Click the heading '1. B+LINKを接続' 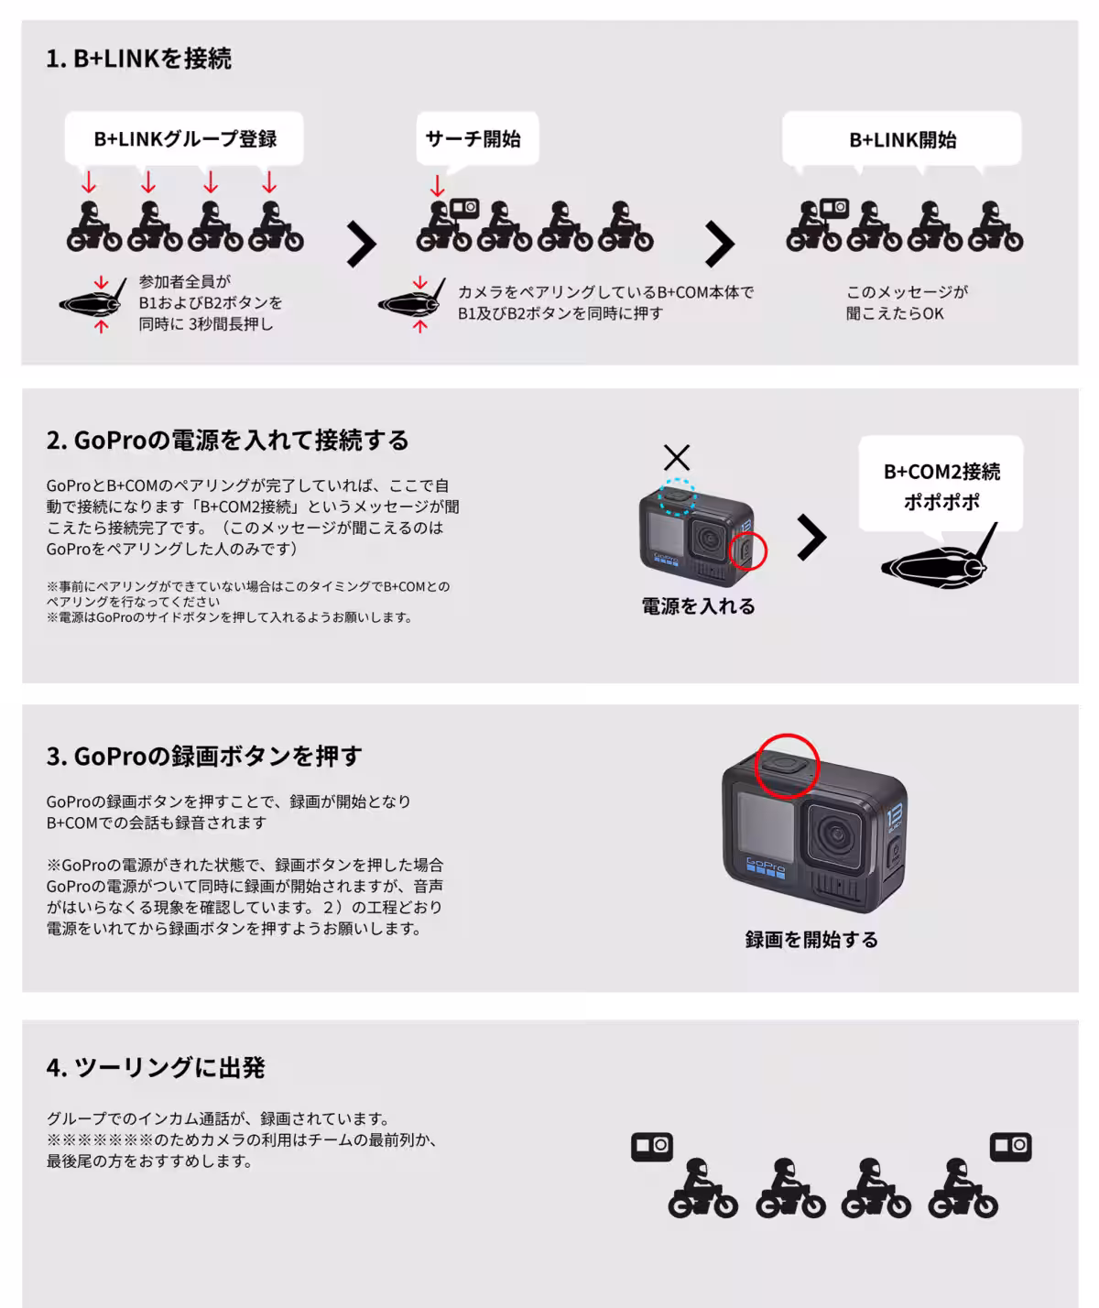pyautogui.click(x=138, y=59)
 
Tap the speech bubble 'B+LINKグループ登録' pyautogui.click(x=184, y=139)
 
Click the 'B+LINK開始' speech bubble pyautogui.click(x=901, y=140)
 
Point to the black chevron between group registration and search pyautogui.click(x=361, y=245)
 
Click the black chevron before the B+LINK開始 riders pyautogui.click(x=719, y=245)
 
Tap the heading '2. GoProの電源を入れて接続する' pyautogui.click(x=227, y=441)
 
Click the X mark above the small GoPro pyautogui.click(x=676, y=457)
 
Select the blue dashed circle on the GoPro pyautogui.click(x=679, y=496)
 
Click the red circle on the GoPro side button pyautogui.click(x=747, y=551)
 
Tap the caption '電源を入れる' pyautogui.click(x=698, y=606)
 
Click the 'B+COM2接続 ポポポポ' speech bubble pyautogui.click(x=941, y=485)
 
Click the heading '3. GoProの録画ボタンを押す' pyautogui.click(x=204, y=757)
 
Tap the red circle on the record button pyautogui.click(x=786, y=765)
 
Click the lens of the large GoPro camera pyautogui.click(x=834, y=834)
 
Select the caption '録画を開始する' pyautogui.click(x=811, y=940)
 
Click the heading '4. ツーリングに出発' pyautogui.click(x=156, y=1068)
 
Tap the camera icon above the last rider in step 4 pyautogui.click(x=1010, y=1146)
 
